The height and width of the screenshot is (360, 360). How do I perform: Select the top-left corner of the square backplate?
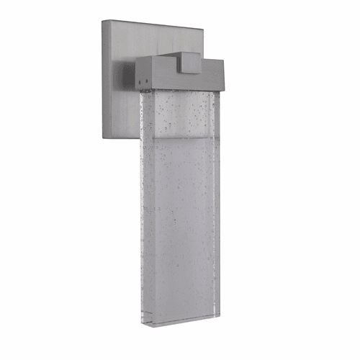[x=104, y=22]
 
